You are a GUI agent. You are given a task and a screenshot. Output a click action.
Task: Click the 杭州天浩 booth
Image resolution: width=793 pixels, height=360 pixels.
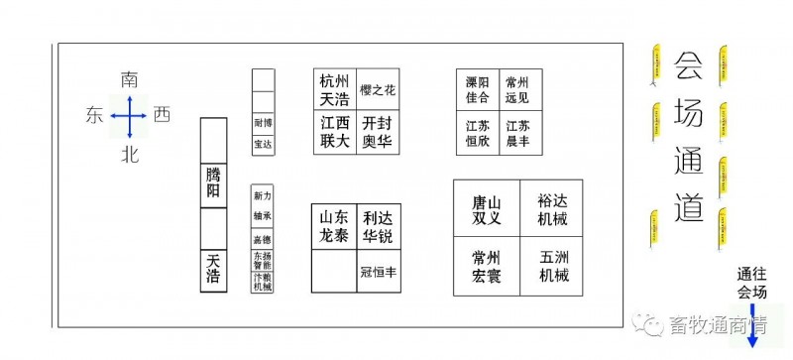tap(334, 89)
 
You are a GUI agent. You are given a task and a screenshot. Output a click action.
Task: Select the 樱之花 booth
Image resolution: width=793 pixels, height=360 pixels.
tap(378, 89)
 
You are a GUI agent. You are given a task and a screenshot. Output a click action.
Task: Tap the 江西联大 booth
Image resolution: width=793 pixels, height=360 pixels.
tap(334, 131)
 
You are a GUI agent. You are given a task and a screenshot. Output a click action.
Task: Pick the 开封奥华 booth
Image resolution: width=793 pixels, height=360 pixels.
tap(378, 131)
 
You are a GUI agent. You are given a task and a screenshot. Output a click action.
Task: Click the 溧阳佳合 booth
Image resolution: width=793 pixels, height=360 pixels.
tap(477, 90)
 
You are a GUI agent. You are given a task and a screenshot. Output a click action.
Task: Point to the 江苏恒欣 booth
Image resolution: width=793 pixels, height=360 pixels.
tap(477, 133)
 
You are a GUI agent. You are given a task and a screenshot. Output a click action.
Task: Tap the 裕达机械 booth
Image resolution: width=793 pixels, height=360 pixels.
tap(554, 209)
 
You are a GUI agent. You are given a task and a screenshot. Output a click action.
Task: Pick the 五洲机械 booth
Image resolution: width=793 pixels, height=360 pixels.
tap(554, 266)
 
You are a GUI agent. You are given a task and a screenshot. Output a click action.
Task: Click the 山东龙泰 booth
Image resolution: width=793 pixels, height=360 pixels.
tap(334, 227)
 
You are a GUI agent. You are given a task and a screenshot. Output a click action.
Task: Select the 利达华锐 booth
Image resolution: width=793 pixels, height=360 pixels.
tap(378, 227)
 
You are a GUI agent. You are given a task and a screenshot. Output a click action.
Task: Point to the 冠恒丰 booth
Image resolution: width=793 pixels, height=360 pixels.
tap(378, 271)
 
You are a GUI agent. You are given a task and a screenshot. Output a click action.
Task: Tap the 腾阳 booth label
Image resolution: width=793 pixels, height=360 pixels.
tap(213, 183)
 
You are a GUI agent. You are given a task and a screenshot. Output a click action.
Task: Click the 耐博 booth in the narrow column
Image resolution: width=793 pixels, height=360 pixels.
tap(263, 123)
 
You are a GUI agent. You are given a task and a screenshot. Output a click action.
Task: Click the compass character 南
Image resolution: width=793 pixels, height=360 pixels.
tap(129, 78)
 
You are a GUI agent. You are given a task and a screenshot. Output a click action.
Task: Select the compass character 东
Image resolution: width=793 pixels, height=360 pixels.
tap(94, 116)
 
